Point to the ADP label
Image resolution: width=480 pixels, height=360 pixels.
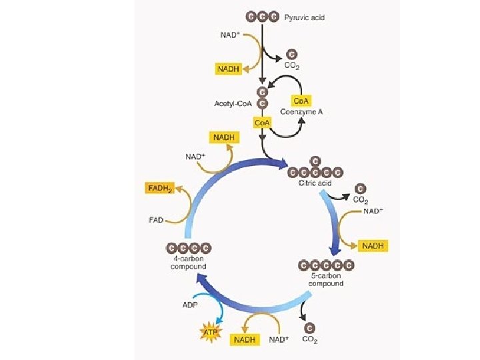click(x=190, y=305)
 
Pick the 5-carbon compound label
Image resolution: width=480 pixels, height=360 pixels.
click(x=326, y=279)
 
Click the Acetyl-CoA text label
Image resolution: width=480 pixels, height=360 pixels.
click(x=231, y=103)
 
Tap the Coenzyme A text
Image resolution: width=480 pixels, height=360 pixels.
click(x=306, y=112)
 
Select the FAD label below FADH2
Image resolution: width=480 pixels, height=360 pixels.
click(x=154, y=218)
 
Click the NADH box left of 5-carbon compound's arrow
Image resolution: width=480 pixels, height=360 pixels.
click(x=374, y=246)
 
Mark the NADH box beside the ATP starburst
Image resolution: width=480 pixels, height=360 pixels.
click(x=245, y=339)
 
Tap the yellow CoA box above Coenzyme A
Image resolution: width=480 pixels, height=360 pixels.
click(x=301, y=100)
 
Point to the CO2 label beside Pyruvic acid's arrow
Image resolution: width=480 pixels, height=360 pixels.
click(x=291, y=66)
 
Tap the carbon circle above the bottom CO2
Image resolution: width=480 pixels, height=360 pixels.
click(x=309, y=328)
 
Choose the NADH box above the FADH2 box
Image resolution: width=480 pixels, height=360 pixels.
click(x=224, y=137)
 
